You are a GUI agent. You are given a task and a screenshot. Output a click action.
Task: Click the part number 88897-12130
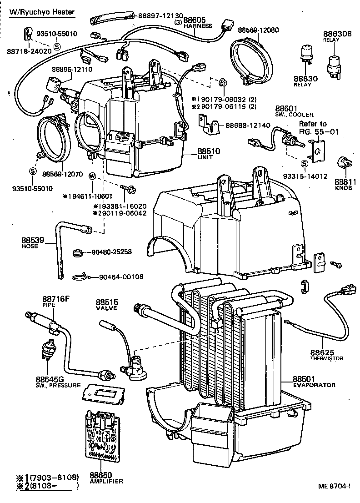click(156, 15)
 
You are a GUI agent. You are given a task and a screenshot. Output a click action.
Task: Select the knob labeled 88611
click(344, 162)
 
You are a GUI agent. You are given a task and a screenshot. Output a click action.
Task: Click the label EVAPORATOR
click(314, 385)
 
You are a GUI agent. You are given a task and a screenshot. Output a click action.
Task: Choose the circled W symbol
click(92, 176)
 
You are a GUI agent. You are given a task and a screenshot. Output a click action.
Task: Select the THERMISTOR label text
click(326, 358)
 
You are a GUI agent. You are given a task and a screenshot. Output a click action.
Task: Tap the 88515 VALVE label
click(107, 305)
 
